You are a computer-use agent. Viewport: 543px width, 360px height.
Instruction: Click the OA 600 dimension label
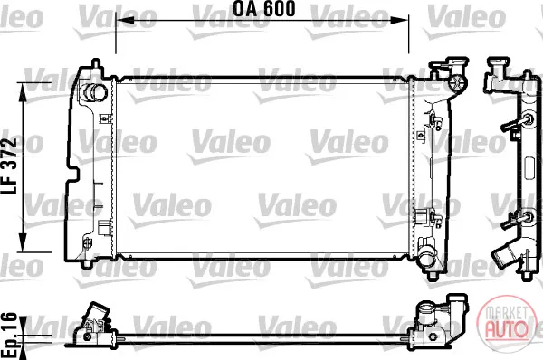(x=263, y=9)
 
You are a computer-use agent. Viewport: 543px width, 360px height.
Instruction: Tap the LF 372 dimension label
(x=9, y=166)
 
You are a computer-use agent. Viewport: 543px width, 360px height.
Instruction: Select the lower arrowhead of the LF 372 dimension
(x=23, y=242)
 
